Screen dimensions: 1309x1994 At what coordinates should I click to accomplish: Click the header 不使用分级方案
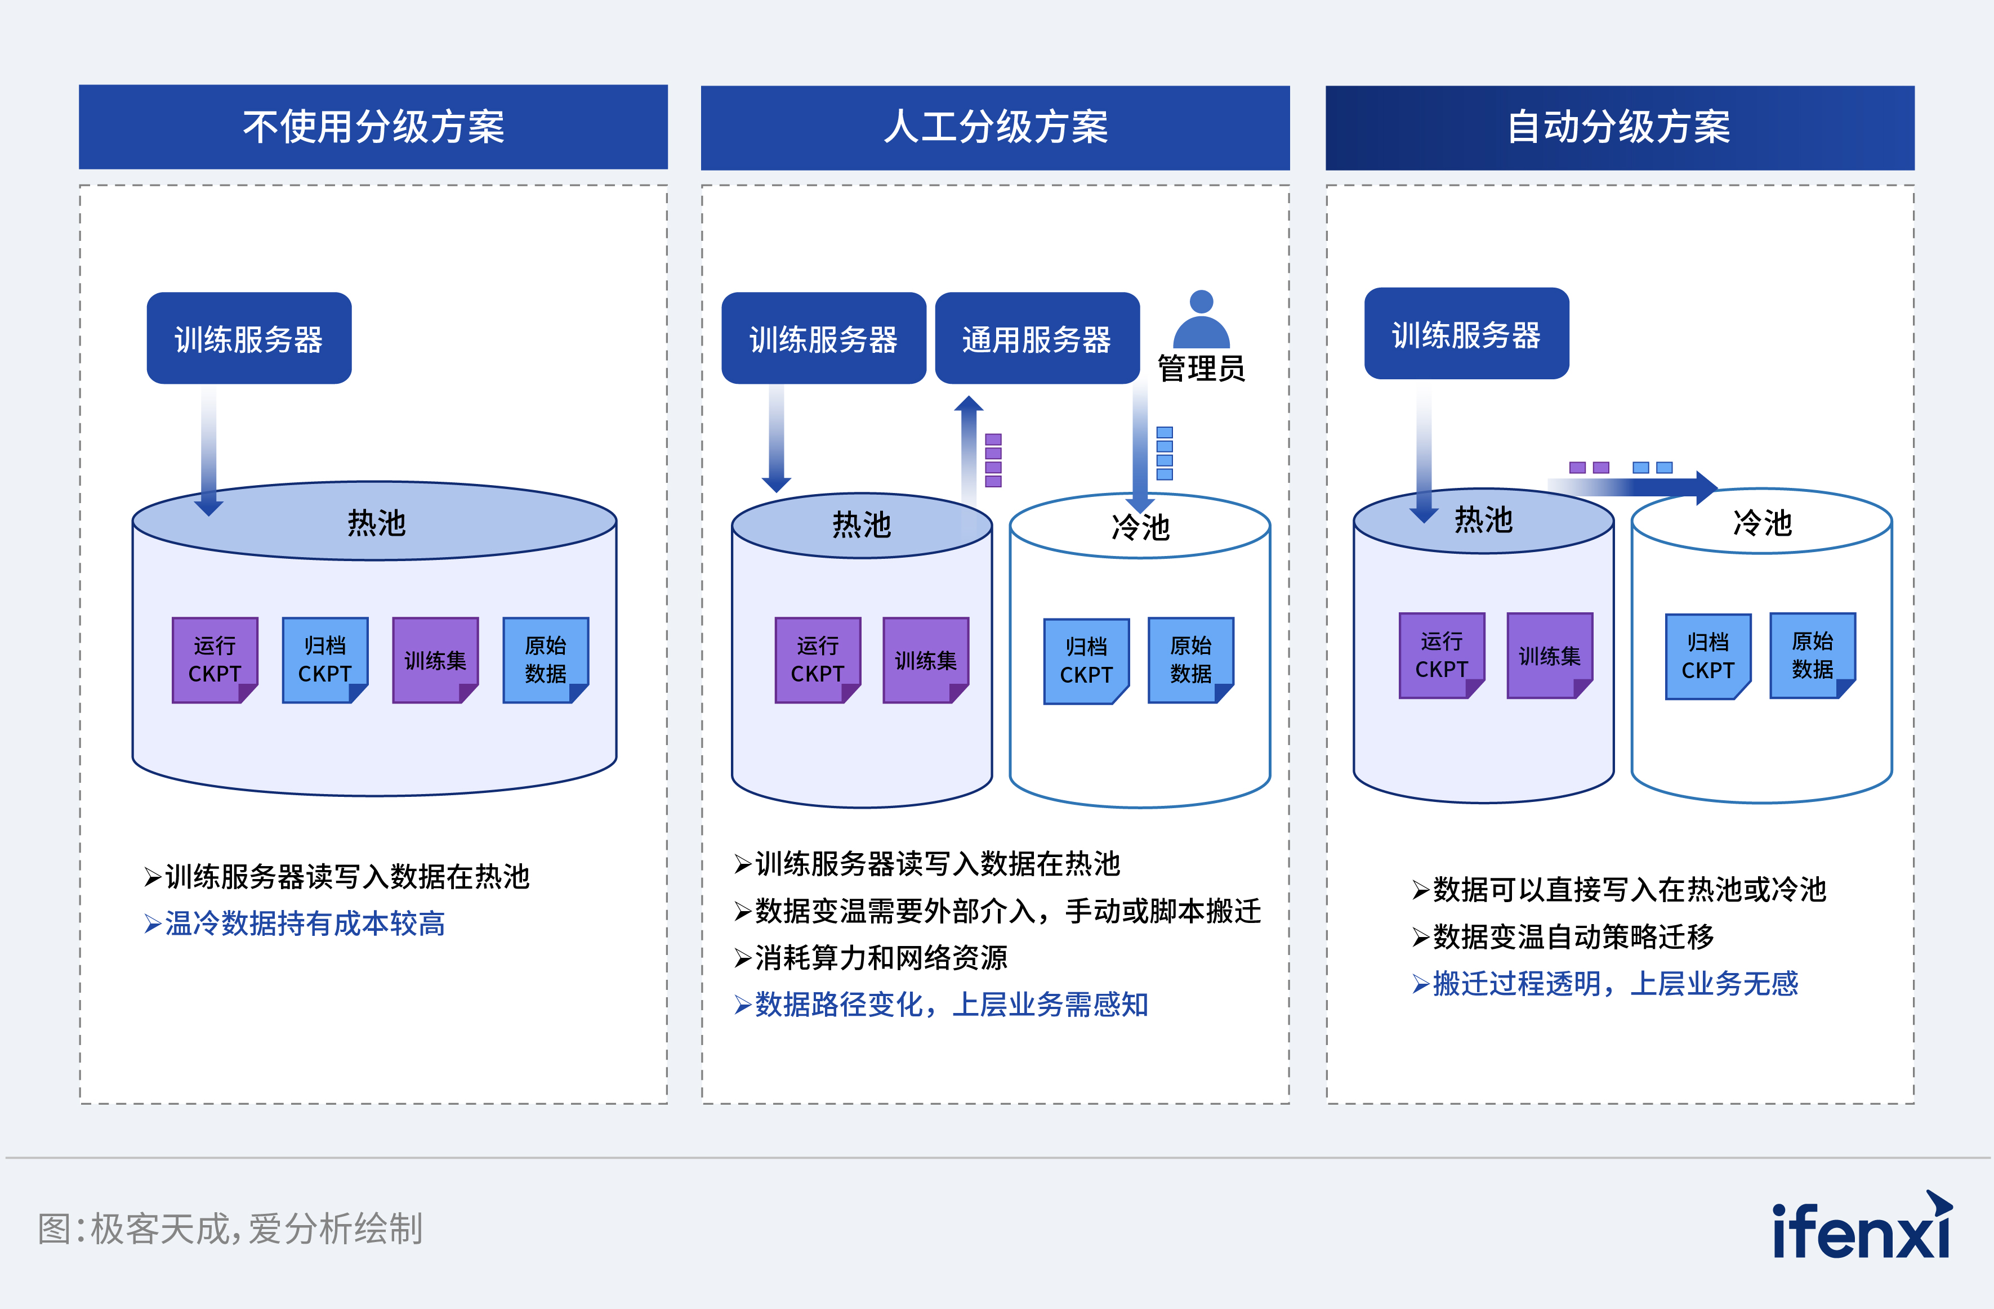coord(373,127)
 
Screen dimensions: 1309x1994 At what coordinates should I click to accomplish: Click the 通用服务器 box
coord(1036,338)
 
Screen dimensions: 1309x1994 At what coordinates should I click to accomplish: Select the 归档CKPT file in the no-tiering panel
coord(325,660)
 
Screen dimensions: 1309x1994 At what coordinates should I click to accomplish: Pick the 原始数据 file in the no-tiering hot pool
coord(546,660)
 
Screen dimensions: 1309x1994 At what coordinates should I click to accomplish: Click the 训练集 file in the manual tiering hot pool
coord(926,660)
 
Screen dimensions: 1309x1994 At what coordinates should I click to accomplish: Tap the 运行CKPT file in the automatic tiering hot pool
coord(1441,656)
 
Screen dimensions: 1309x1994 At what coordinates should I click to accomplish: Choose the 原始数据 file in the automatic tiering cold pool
coord(1812,656)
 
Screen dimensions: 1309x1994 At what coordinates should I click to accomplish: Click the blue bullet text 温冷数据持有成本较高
coord(304,923)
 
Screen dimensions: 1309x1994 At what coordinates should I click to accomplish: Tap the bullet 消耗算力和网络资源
coord(880,957)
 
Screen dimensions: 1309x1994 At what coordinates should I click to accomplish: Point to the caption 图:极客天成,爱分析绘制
coord(230,1229)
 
